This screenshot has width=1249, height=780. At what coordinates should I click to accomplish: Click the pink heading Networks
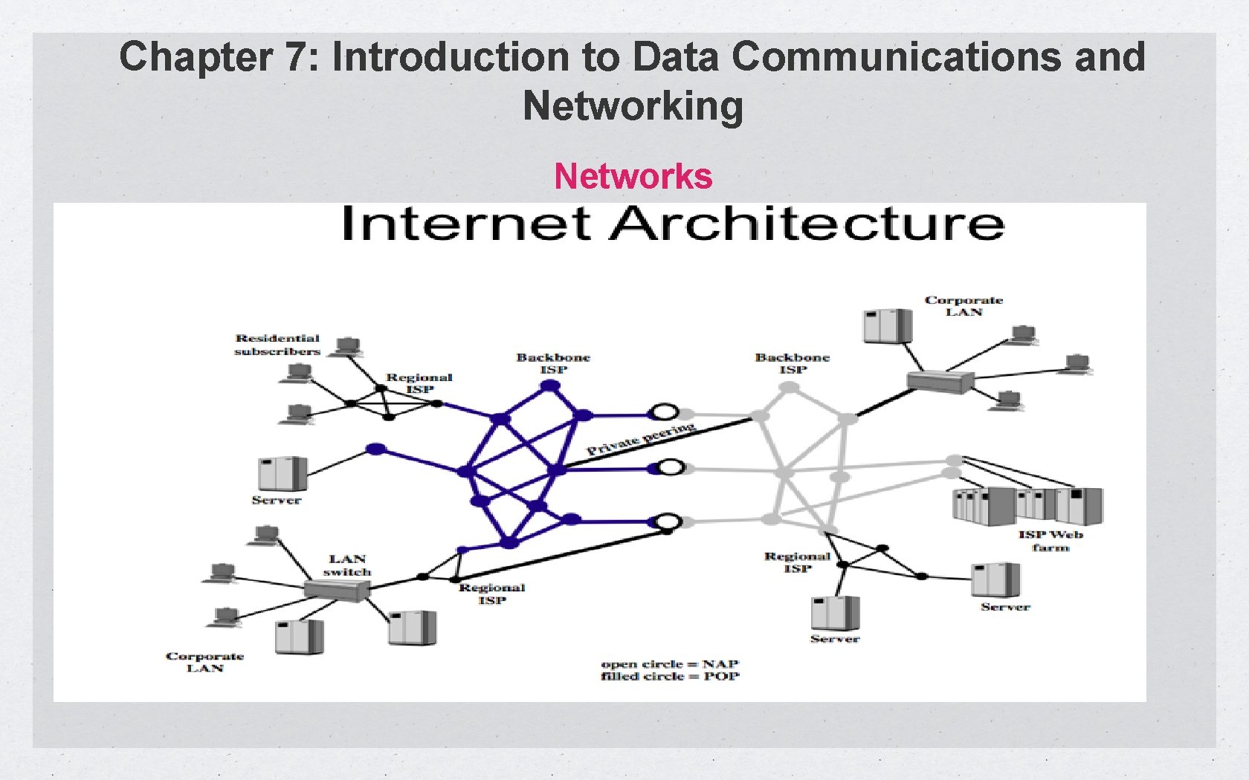pyautogui.click(x=633, y=177)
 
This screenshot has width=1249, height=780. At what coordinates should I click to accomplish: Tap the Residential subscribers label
pyautogui.click(x=277, y=345)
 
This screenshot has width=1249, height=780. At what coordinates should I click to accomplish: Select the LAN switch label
pyautogui.click(x=347, y=565)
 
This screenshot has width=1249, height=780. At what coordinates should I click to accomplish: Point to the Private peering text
pyautogui.click(x=640, y=438)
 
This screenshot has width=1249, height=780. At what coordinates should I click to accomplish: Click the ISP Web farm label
pyautogui.click(x=1050, y=541)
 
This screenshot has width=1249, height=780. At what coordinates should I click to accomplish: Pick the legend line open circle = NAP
pyautogui.click(x=670, y=663)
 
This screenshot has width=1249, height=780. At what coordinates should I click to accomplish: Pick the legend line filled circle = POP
pyautogui.click(x=670, y=676)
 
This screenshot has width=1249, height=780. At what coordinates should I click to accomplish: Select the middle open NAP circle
pyautogui.click(x=671, y=467)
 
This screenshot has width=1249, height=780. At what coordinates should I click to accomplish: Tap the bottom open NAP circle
pyautogui.click(x=669, y=521)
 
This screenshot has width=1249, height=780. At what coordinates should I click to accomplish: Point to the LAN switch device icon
pyautogui.click(x=337, y=590)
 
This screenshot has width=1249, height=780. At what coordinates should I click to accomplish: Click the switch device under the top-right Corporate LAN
pyautogui.click(x=940, y=382)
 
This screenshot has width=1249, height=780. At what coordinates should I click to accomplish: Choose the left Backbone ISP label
pyautogui.click(x=553, y=363)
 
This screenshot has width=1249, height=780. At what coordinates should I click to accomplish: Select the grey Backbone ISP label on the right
pyautogui.click(x=793, y=363)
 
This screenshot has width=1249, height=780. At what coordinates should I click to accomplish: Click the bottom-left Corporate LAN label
pyautogui.click(x=204, y=662)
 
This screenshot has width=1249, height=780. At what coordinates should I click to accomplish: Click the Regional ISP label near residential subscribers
pyautogui.click(x=419, y=383)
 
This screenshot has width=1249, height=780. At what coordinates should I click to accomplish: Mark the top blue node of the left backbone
pyautogui.click(x=549, y=386)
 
